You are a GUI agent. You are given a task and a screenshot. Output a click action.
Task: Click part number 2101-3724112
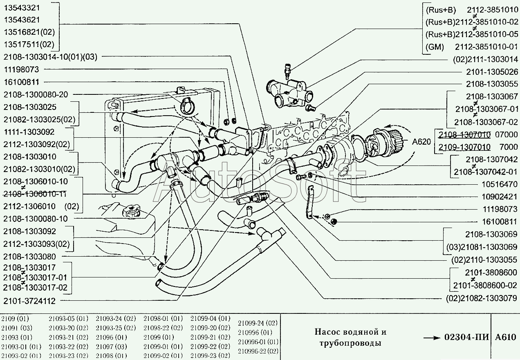pos(29,301)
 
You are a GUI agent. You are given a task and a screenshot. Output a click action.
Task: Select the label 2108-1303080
pos(29,257)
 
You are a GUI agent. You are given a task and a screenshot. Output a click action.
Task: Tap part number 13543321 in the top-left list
pos(22,8)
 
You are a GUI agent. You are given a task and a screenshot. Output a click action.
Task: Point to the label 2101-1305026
pos(492,72)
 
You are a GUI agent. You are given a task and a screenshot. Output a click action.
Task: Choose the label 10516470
pos(500,184)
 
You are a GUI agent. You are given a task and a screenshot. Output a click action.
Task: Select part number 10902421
pos(500,197)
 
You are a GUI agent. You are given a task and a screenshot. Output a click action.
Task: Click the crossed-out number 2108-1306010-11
pos(36,193)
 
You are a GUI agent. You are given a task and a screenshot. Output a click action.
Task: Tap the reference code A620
pos(421,142)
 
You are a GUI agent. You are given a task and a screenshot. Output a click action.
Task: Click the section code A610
pos(506,338)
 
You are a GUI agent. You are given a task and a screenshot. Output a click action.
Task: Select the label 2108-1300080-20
pos(36,94)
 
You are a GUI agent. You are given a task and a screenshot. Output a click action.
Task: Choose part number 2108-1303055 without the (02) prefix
pos(492,84)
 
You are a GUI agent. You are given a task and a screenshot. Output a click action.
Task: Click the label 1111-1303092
pos(29,132)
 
